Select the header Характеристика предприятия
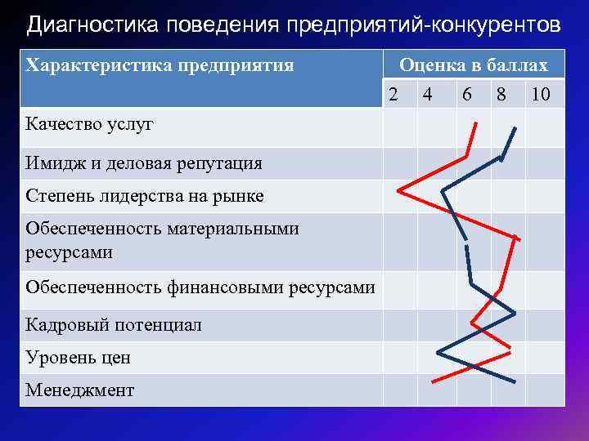tap(160, 65)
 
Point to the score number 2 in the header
tap(393, 95)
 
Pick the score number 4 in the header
tap(427, 95)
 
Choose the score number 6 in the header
tap(466, 95)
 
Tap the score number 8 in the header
tap(501, 95)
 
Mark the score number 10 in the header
tap(541, 95)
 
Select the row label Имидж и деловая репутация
tap(144, 163)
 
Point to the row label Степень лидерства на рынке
tap(145, 196)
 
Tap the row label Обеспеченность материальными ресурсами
tap(162, 240)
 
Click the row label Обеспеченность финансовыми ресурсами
tap(200, 287)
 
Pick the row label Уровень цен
tap(78, 358)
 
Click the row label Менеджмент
tap(79, 390)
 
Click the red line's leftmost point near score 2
tap(398, 190)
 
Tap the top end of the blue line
tap(515, 127)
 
